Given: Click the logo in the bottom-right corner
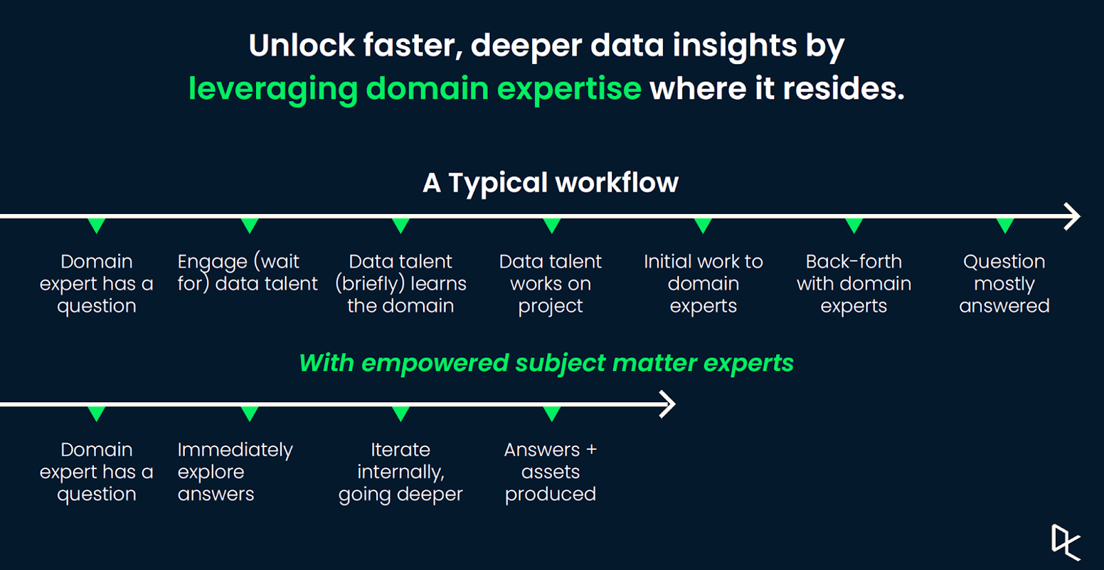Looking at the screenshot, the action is point(1065,542).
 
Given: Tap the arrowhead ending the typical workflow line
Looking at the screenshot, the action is point(1072,216).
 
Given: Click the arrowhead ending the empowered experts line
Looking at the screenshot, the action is point(668,404).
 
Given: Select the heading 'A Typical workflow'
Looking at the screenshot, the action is point(551,183).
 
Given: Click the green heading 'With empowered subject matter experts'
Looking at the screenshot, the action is point(546,364).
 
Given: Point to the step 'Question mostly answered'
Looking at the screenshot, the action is point(1004,284).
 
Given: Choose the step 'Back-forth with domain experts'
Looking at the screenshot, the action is point(854,284).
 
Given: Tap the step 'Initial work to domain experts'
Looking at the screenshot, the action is point(703,284).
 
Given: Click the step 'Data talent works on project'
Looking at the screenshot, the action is point(550,284).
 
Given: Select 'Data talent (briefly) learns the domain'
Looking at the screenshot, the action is point(401,284).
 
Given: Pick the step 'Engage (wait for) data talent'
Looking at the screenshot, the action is point(248,273).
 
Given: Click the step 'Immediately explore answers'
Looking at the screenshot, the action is point(235,472).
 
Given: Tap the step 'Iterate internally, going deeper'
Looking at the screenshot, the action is point(401,472).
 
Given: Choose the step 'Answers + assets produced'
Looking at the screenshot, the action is point(551,472).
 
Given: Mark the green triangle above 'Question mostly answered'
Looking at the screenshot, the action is point(1005,226).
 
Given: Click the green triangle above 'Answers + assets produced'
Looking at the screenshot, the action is point(551,413).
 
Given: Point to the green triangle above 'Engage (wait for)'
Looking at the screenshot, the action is point(250,226).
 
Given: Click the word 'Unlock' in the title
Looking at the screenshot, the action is point(302,46).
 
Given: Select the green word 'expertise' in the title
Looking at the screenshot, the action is point(569,89).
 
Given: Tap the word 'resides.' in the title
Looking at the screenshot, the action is point(844,89).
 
